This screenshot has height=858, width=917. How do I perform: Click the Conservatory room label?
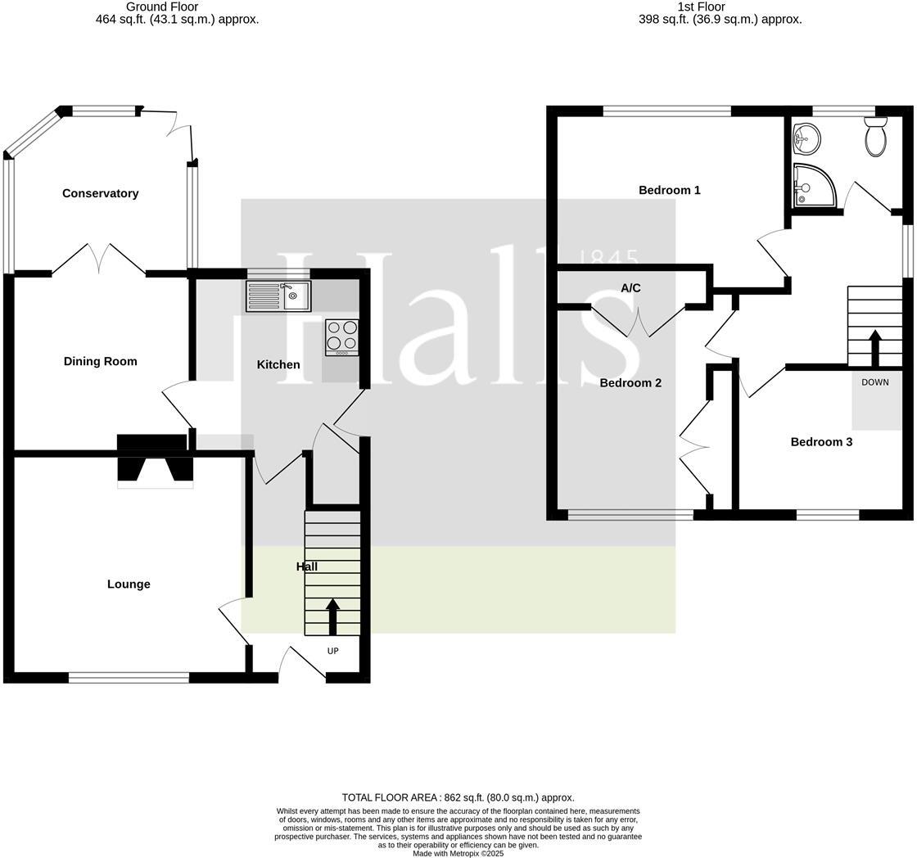(x=101, y=193)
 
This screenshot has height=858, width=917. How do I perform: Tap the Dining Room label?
(x=101, y=361)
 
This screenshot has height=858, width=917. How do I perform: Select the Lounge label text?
(x=129, y=584)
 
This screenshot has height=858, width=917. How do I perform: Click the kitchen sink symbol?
(x=278, y=296)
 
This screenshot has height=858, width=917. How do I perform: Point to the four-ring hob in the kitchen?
(x=342, y=336)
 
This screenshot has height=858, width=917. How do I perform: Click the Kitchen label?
(x=278, y=364)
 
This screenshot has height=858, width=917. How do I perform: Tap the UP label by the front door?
(x=332, y=651)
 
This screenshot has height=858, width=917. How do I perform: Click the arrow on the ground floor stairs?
(x=332, y=616)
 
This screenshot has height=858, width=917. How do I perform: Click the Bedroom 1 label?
(x=669, y=190)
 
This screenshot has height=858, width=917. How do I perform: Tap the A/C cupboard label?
(x=630, y=288)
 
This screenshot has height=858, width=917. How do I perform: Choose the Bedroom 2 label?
(x=630, y=382)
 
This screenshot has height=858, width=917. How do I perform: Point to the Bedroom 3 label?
(x=821, y=442)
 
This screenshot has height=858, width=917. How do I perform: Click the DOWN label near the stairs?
(x=874, y=382)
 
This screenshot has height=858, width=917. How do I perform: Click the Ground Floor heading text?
(x=162, y=7)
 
